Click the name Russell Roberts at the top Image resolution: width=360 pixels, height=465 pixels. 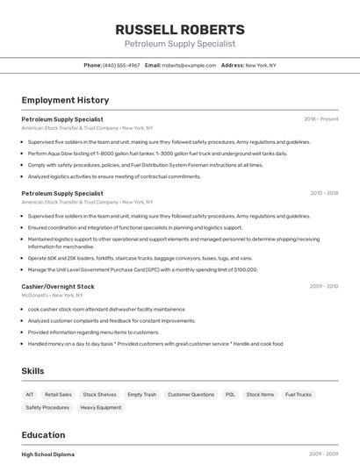click(x=180, y=28)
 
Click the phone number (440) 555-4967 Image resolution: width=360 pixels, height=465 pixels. click(x=121, y=65)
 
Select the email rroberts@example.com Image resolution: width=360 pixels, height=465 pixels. click(x=189, y=65)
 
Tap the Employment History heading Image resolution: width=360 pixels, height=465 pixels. click(x=64, y=100)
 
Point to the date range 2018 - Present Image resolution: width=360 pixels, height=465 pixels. click(x=321, y=118)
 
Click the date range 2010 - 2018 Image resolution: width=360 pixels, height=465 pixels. click(x=324, y=193)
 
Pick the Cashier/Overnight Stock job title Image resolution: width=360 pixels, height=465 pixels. click(x=58, y=286)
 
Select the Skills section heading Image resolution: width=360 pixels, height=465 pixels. click(x=33, y=371)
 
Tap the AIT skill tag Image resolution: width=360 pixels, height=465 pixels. click(x=30, y=395)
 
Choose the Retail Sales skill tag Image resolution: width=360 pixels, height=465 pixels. click(x=59, y=395)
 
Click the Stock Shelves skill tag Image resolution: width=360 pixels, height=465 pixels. click(x=99, y=395)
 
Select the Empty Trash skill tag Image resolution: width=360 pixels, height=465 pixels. click(x=141, y=395)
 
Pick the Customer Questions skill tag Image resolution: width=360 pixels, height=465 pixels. click(x=191, y=395)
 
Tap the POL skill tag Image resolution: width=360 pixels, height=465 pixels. click(x=230, y=395)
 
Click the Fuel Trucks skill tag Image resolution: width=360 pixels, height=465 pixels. click(x=299, y=395)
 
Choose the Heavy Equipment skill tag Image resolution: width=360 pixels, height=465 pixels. click(x=101, y=407)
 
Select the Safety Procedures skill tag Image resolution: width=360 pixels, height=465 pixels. click(x=47, y=407)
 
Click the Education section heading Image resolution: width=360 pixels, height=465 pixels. click(x=43, y=434)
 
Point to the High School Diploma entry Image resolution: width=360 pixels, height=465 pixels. click(x=48, y=454)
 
